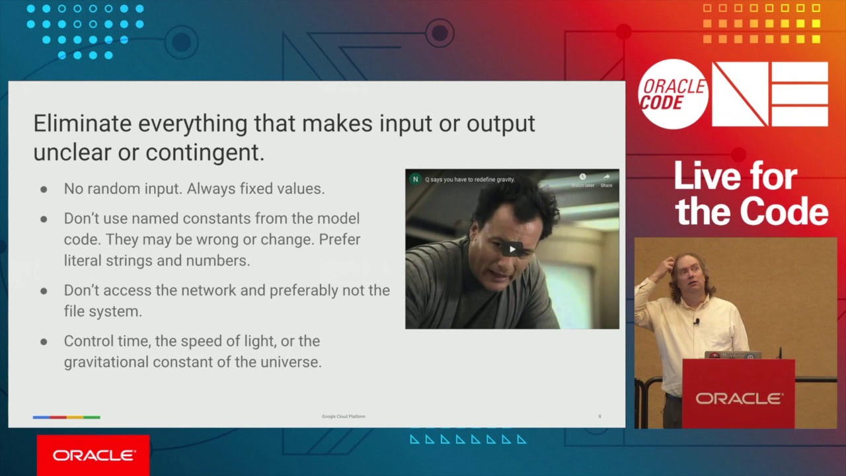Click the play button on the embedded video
pos(512,249)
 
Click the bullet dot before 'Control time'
pos(44,342)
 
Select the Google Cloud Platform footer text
pos(344,416)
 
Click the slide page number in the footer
pos(599,416)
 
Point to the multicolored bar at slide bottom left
pos(66,417)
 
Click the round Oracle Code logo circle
pos(673,94)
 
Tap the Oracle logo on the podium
pos(738,398)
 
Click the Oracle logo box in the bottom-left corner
pos(93,456)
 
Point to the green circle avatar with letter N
pos(415,179)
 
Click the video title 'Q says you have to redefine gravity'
pos(469,179)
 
